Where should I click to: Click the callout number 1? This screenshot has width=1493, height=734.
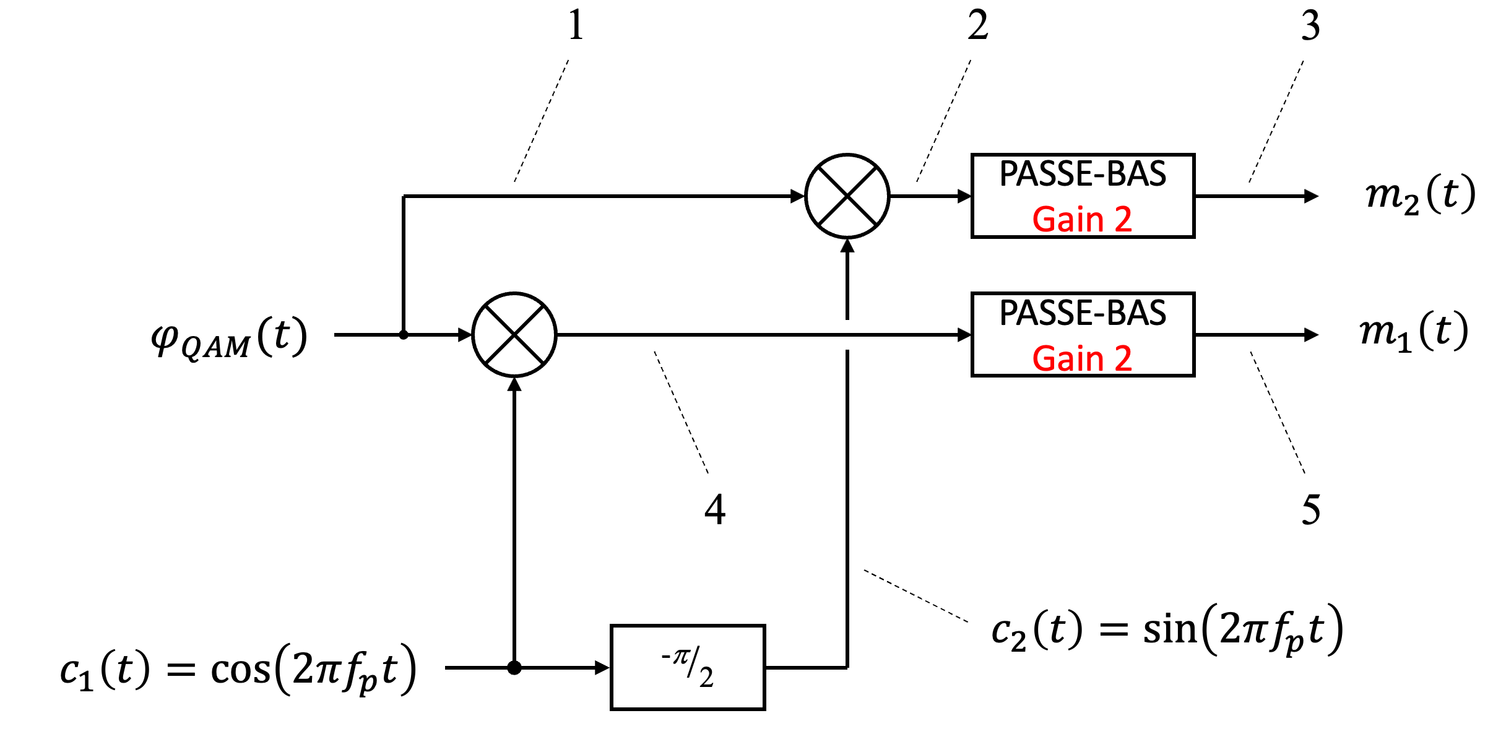(x=576, y=26)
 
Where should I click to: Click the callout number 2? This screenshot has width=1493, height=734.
(x=978, y=26)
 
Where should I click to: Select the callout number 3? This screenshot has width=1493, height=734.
(x=1310, y=26)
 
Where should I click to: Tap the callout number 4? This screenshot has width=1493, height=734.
(x=715, y=510)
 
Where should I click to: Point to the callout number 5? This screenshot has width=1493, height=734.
(x=1310, y=510)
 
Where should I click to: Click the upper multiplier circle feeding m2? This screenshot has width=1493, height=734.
(x=847, y=196)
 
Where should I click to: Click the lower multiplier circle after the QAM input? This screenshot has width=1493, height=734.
(x=514, y=335)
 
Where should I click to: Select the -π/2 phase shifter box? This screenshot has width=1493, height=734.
(x=688, y=667)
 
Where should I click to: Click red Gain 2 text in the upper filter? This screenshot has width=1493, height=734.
(x=1082, y=220)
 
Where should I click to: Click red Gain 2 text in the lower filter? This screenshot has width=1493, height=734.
(x=1082, y=359)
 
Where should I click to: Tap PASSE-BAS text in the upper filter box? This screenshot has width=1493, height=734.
(x=1083, y=174)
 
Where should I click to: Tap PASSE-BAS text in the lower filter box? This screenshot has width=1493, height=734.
(x=1083, y=313)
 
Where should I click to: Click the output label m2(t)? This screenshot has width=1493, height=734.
(x=1420, y=196)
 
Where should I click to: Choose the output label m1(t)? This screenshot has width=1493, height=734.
(x=1413, y=332)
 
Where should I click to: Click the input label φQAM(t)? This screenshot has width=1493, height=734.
(x=230, y=338)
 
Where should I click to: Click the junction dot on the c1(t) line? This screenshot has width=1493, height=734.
(x=514, y=668)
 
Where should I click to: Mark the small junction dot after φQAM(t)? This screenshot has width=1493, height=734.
(x=404, y=335)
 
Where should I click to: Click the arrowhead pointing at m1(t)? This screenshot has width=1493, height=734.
(x=1311, y=335)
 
